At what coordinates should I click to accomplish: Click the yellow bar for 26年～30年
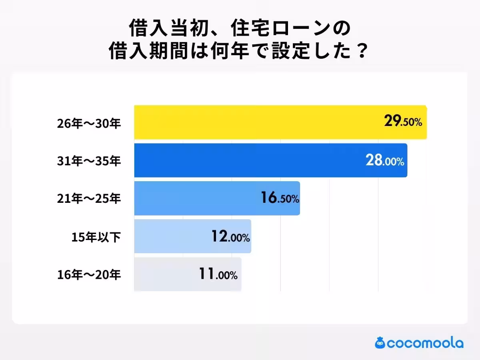tap(256, 122)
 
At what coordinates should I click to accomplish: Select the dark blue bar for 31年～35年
tap(248, 160)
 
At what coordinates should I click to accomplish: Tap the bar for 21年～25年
tap(196, 198)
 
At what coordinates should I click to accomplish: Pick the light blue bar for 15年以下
tap(172, 236)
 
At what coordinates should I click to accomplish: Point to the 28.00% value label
tap(384, 160)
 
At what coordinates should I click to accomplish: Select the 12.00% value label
tap(230, 237)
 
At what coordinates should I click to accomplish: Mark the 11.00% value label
tap(218, 275)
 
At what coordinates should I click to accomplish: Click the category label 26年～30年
tap(88, 123)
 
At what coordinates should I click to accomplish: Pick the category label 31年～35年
tap(88, 161)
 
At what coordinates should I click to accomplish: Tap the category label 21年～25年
tap(88, 199)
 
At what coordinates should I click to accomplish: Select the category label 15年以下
tap(96, 237)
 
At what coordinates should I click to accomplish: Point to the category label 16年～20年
tap(88, 275)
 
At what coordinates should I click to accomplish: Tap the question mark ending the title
tap(361, 52)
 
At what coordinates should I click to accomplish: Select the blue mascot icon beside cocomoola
tap(380, 343)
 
